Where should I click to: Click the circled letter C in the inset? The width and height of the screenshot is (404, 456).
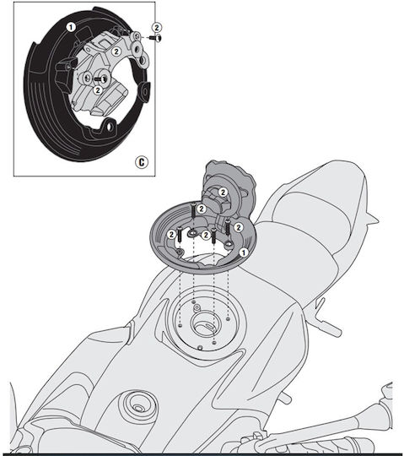(142, 162)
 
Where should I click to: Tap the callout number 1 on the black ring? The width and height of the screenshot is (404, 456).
(71, 27)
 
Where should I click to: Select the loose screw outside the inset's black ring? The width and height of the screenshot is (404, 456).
(156, 38)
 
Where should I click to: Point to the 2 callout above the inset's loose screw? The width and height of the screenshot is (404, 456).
(157, 28)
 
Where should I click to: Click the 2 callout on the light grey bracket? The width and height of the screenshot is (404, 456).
(116, 52)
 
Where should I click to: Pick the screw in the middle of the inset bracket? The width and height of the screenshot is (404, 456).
(100, 79)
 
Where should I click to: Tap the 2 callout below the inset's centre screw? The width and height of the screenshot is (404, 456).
(98, 90)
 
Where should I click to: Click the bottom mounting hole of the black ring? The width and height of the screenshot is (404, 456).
(110, 127)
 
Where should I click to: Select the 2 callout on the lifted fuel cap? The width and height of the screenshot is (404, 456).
(223, 193)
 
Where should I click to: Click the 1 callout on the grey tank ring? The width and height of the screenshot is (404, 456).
(244, 252)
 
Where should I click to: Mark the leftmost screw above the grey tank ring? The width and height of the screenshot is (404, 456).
(180, 234)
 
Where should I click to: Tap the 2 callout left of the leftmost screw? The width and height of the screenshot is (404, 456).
(171, 234)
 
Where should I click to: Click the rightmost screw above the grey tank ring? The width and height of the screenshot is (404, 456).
(228, 227)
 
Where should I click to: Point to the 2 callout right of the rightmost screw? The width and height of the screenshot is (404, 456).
(239, 227)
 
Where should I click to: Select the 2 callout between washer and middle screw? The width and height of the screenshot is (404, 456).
(206, 235)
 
